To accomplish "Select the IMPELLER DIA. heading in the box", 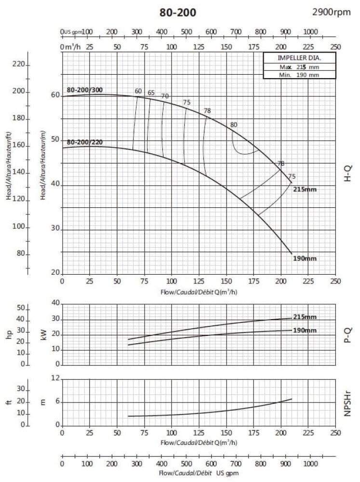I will coord(293,58).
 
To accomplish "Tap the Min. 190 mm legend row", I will coord(293,75).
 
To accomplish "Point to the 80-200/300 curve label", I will coord(85,90).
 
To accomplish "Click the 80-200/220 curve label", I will coord(85,143).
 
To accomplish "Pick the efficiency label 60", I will coord(138,92).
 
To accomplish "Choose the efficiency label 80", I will coord(234,125).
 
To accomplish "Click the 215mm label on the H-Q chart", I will coord(305,189).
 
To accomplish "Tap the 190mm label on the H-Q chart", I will coord(305,259).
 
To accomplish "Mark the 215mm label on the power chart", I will coord(305,317).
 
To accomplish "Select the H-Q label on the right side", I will coord(347,173).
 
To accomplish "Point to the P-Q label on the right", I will coord(347,334).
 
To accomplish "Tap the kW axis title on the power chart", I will coord(44,334).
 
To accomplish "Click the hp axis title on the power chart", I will coord(9,334).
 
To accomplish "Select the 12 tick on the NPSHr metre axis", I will coord(54,379).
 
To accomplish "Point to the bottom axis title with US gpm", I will coord(199,474).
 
